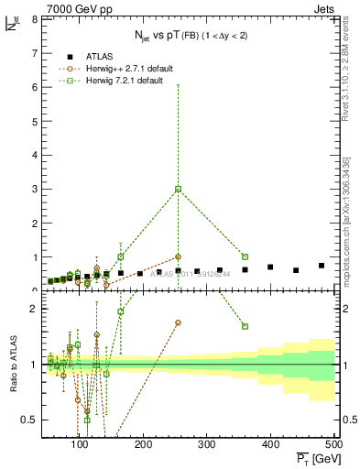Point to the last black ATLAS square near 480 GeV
coord(322,266)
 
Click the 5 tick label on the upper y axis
coord(33,121)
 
